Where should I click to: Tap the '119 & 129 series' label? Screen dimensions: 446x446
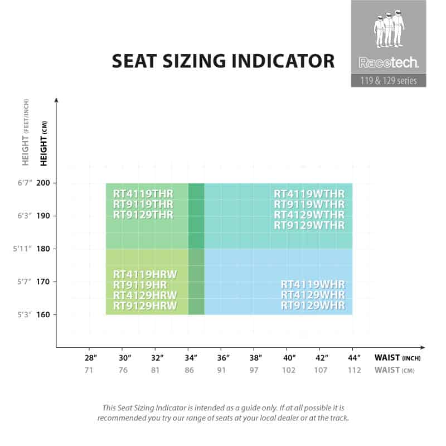(389, 80)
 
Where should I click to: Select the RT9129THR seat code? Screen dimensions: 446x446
(143, 215)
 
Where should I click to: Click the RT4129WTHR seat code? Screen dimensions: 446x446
(309, 215)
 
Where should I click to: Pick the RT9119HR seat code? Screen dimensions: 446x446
(140, 284)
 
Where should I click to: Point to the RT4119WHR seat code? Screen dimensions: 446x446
(313, 284)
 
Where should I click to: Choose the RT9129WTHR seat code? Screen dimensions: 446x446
(309, 225)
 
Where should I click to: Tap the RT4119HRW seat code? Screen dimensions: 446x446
(145, 274)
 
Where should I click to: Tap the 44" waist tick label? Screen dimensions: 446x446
(355, 357)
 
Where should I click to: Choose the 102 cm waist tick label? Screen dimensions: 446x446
(289, 370)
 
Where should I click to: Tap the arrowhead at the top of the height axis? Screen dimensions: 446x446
(56, 101)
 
